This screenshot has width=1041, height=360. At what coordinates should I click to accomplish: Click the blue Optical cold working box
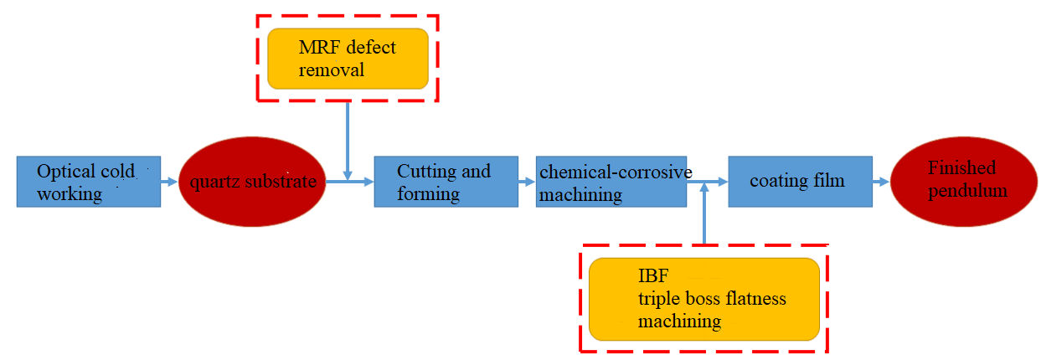(x=88, y=182)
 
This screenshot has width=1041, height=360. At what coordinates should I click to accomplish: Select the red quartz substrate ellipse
(x=252, y=182)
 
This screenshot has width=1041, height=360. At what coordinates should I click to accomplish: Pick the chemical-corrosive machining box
(x=611, y=182)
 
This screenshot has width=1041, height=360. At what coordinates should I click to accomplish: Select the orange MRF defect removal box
(x=348, y=59)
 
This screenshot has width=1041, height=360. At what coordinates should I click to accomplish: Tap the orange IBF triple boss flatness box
(x=703, y=299)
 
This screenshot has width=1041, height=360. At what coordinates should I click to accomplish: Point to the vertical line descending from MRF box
(x=348, y=138)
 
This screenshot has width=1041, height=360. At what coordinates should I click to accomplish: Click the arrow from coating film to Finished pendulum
(x=881, y=181)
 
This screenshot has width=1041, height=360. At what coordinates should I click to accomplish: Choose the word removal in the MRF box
(x=332, y=69)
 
